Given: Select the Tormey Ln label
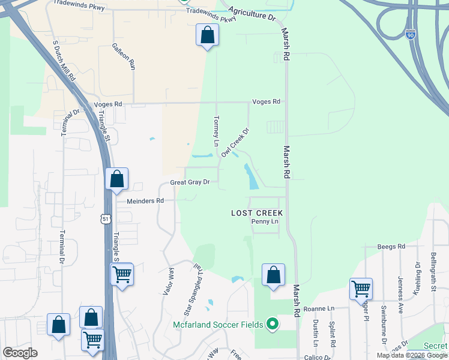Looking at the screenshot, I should pyautogui.click(x=216, y=130).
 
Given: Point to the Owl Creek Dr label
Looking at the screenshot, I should pyautogui.click(x=235, y=142).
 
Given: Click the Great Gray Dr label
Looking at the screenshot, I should pyautogui.click(x=190, y=182).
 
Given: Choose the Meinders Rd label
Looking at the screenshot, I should pyautogui.click(x=145, y=201).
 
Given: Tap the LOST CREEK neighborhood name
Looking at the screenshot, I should pyautogui.click(x=257, y=213).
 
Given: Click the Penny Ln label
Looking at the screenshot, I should pyautogui.click(x=265, y=222).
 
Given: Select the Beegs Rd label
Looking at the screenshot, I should pyautogui.click(x=391, y=246).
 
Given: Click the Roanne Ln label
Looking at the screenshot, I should pyautogui.click(x=318, y=308).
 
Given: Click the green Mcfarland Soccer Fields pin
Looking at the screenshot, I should pyautogui.click(x=273, y=325).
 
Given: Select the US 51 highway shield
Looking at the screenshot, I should pyautogui.click(x=106, y=220).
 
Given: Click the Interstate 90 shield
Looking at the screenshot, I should pyautogui.click(x=410, y=35).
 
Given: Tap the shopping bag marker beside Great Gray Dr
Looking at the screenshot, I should pyautogui.click(x=116, y=178).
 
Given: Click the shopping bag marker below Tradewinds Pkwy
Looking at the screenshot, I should pyautogui.click(x=207, y=35).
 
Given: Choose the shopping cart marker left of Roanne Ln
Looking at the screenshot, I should pyautogui.click(x=361, y=289).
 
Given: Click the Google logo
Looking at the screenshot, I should pyautogui.click(x=20, y=353).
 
